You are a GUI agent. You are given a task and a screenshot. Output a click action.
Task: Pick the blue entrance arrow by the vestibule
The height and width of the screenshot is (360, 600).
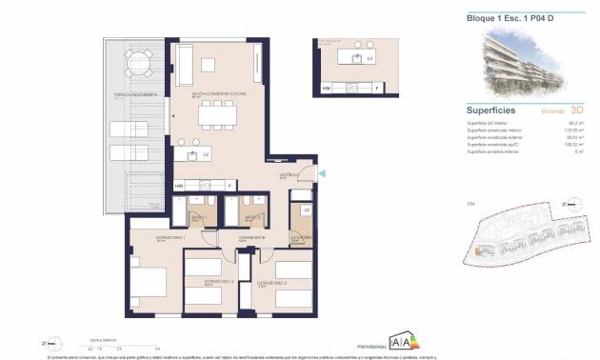(321, 172)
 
